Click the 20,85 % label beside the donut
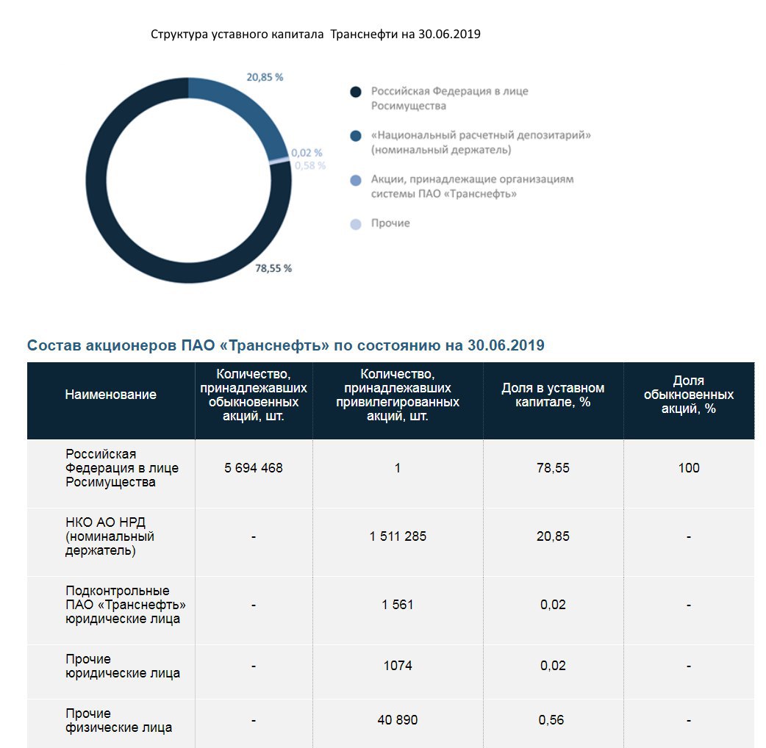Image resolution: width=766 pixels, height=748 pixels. pyautogui.click(x=265, y=77)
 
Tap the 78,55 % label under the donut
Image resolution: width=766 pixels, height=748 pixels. pyautogui.click(x=273, y=268)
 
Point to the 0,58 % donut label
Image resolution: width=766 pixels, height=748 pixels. pyautogui.click(x=310, y=165)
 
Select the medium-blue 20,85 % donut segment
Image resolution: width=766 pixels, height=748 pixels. pyautogui.click(x=243, y=110)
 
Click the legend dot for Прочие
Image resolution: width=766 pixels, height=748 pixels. pyautogui.click(x=356, y=224)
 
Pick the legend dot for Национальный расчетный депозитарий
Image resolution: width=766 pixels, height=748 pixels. pyautogui.click(x=356, y=136)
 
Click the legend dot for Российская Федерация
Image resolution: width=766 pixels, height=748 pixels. pyautogui.click(x=356, y=92)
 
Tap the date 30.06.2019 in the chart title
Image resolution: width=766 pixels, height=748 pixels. pyautogui.click(x=448, y=35)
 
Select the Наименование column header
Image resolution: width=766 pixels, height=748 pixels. pyautogui.click(x=110, y=395)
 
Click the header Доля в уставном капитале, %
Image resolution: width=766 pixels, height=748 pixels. pyautogui.click(x=553, y=395)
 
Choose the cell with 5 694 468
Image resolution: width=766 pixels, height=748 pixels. pyautogui.click(x=254, y=468)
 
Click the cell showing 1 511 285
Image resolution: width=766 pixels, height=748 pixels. pyautogui.click(x=398, y=536)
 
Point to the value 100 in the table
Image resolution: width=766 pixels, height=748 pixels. pyautogui.click(x=689, y=468)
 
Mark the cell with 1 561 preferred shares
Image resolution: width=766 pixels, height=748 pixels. pyautogui.click(x=398, y=605)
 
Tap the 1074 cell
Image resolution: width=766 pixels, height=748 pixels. pyautogui.click(x=398, y=666)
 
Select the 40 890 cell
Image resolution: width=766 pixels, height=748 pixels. pyautogui.click(x=398, y=720)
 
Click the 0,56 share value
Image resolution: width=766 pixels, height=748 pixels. pyautogui.click(x=553, y=720)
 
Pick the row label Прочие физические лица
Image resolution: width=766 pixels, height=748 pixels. pyautogui.click(x=118, y=720)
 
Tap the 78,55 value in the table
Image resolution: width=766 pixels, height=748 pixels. pyautogui.click(x=553, y=468)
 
